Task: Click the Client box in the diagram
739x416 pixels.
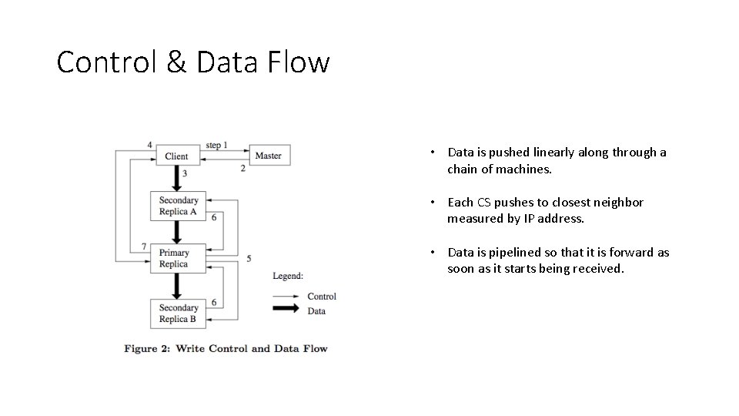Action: point(176,156)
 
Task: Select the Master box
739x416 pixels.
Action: point(268,156)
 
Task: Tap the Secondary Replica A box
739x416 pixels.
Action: point(178,206)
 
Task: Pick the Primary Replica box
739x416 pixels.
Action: point(174,258)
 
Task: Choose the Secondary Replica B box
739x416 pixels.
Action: point(178,313)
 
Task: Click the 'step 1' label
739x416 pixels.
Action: point(216,145)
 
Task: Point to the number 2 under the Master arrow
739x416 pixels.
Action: point(243,168)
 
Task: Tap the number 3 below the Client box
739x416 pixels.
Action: point(185,173)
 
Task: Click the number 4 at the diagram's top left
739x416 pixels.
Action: point(149,145)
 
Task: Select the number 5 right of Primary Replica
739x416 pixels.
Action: point(249,258)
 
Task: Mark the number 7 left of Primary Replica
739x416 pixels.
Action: point(144,247)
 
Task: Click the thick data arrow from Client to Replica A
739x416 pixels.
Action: point(176,179)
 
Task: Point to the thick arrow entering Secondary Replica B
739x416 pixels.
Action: point(176,287)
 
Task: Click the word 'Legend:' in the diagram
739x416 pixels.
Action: point(288,276)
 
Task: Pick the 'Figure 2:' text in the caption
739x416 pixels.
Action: point(146,348)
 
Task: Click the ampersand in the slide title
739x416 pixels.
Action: point(176,62)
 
